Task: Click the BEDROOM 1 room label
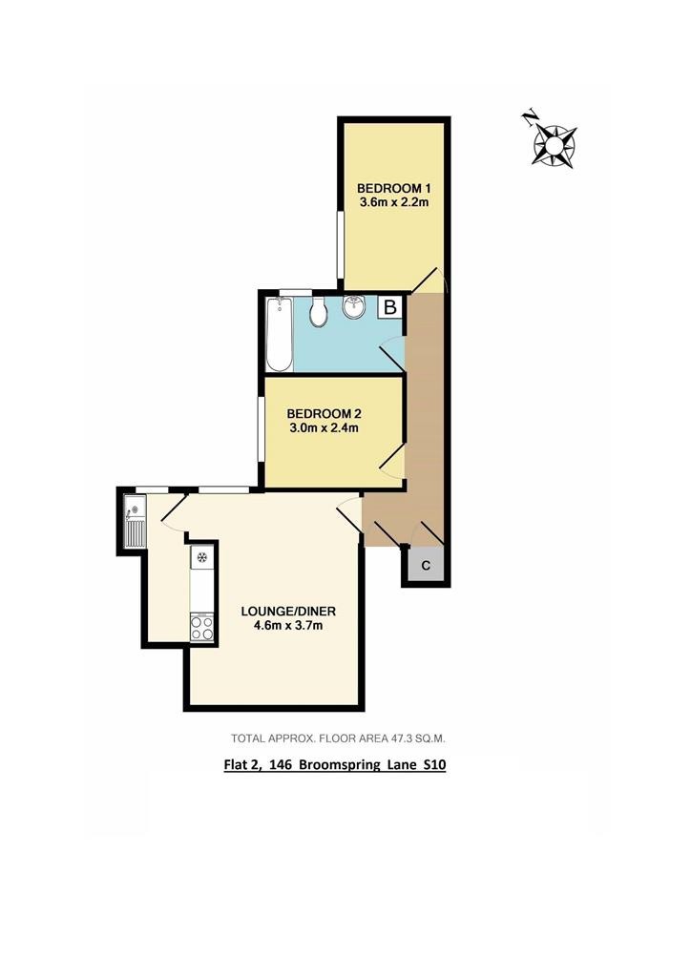(x=394, y=188)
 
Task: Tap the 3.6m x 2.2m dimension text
(x=394, y=202)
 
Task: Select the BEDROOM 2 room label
(x=324, y=414)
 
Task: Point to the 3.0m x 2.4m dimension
(x=324, y=428)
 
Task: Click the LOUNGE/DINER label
(x=288, y=612)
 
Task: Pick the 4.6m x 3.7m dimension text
(x=288, y=626)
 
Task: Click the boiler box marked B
(x=390, y=307)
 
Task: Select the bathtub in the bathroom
(x=279, y=335)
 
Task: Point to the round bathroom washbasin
(x=353, y=306)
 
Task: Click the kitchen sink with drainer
(x=135, y=522)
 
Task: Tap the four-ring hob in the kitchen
(x=202, y=627)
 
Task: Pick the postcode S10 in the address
(x=434, y=764)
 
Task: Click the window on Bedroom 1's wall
(x=341, y=245)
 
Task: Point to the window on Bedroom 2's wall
(x=262, y=429)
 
